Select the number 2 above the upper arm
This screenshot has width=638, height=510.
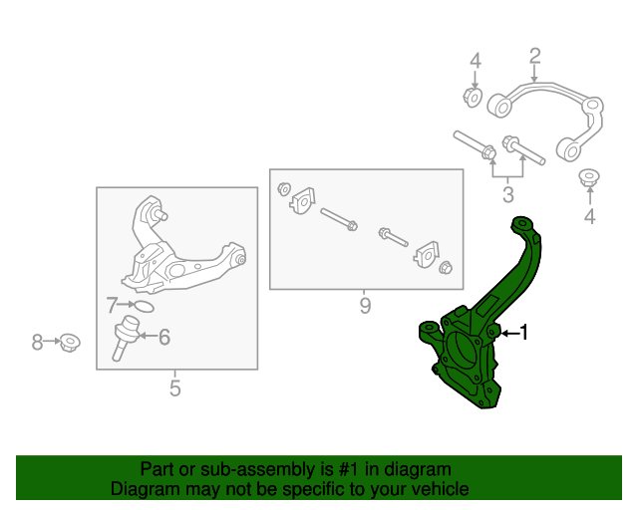click(534, 56)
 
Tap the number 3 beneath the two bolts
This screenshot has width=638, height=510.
click(508, 194)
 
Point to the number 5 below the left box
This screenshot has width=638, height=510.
click(175, 388)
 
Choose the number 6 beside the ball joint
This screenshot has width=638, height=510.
click(164, 338)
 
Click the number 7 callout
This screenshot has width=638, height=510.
click(113, 305)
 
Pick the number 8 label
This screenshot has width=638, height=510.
click(38, 343)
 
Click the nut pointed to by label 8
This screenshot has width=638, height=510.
click(70, 344)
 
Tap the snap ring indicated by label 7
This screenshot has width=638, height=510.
click(143, 306)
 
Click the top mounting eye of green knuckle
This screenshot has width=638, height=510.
click(519, 224)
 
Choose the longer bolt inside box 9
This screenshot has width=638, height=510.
click(339, 220)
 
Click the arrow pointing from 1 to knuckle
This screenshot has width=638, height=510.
click(507, 333)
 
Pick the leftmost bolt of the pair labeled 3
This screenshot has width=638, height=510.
click(474, 144)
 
